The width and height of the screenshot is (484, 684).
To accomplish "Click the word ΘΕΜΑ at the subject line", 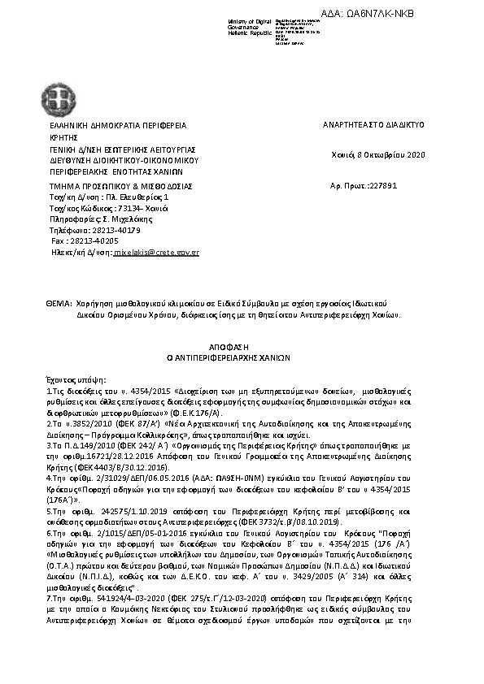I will [59, 302].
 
